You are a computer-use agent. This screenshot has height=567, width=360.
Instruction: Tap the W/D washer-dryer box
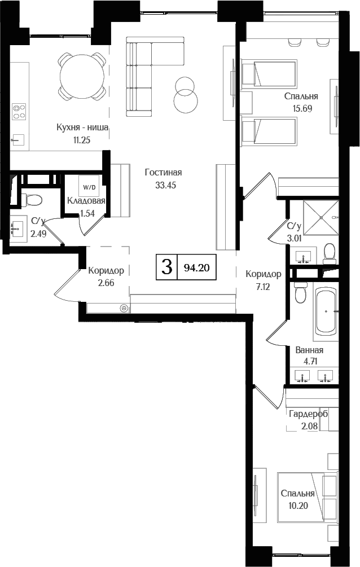click(x=89, y=186)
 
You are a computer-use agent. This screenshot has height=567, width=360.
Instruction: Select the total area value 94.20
click(x=196, y=268)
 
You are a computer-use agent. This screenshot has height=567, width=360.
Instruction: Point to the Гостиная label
click(x=163, y=173)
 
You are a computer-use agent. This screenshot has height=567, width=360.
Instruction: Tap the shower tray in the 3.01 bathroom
click(x=321, y=217)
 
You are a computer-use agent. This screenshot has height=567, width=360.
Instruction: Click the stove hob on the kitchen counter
click(x=20, y=111)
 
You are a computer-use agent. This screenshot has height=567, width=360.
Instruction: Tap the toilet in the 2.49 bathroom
click(x=32, y=200)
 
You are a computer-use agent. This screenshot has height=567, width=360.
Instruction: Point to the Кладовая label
click(x=86, y=201)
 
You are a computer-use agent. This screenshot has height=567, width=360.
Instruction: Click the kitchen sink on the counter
click(x=19, y=138)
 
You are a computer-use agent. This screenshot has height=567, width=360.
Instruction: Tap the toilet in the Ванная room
click(x=300, y=294)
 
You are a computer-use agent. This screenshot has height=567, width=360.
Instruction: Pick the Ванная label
click(x=309, y=350)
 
